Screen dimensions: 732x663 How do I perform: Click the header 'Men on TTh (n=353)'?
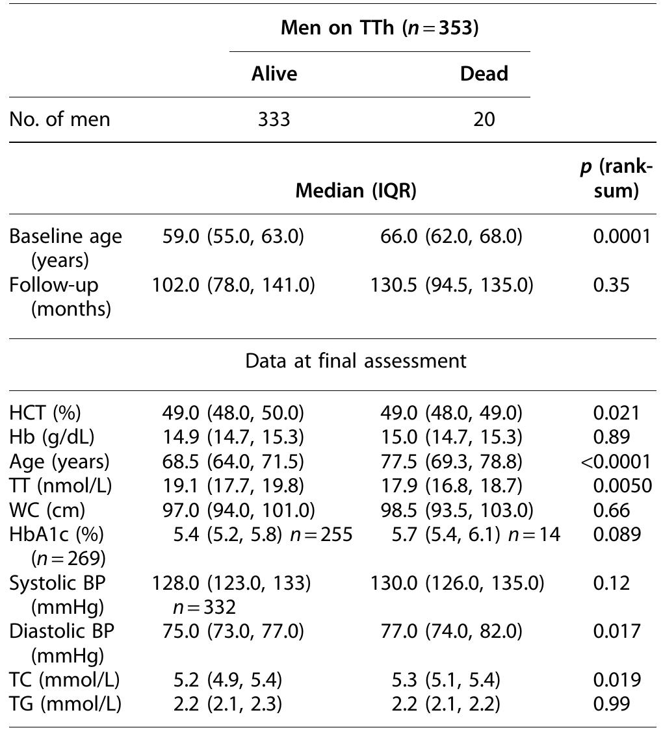pos(380,29)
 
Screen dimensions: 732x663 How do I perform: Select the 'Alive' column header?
pos(274,73)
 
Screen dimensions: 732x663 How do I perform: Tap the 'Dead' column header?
pos(484,73)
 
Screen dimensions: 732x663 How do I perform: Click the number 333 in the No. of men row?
pos(274,120)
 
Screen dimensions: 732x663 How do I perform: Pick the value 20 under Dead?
pos(484,120)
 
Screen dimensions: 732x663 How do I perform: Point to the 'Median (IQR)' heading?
pos(356,190)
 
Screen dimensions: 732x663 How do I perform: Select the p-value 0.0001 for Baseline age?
pos(621,236)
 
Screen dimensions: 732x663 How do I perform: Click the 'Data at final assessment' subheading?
pos(356,361)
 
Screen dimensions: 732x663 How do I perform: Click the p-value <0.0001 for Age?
pos(617,462)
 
